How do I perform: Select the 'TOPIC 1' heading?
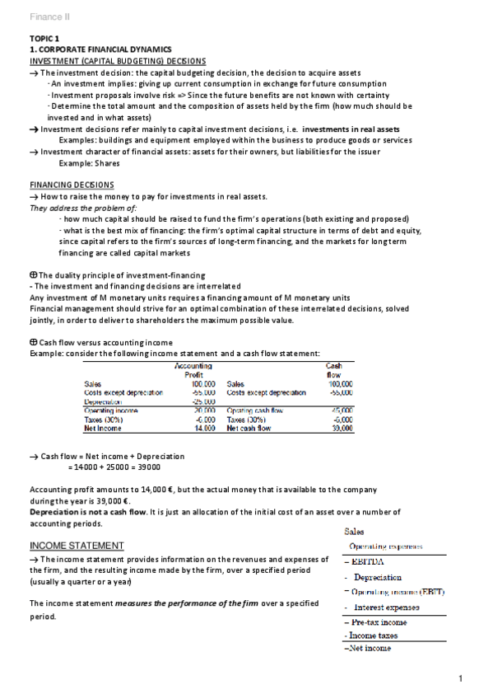point(44,39)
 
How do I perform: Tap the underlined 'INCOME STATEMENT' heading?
point(77,546)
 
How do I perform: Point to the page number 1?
point(462,678)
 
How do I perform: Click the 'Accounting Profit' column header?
point(194,369)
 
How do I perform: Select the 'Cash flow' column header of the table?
point(334,369)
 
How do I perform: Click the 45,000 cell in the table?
point(341,410)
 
